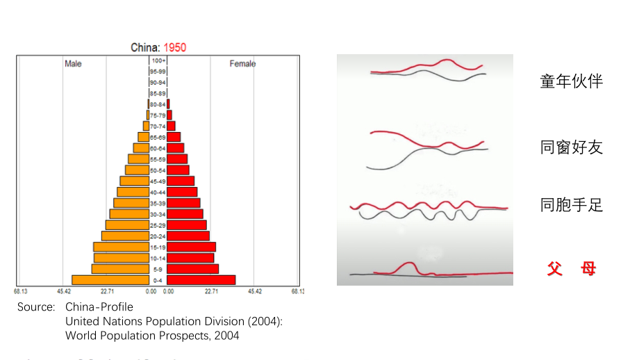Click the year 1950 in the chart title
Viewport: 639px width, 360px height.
pos(174,48)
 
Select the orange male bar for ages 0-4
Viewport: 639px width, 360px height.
pos(110,280)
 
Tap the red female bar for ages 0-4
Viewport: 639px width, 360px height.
pos(201,280)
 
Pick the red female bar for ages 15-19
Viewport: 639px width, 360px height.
pos(191,247)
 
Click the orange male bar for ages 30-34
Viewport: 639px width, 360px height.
pos(129,214)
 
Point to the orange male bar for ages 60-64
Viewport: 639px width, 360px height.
pos(141,148)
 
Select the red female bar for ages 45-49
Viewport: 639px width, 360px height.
pos(181,181)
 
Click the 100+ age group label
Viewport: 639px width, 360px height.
pos(158,60)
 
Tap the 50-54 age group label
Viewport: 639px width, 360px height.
pos(158,170)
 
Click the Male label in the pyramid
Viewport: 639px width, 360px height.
pos(73,64)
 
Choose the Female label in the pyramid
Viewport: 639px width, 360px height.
pos(242,64)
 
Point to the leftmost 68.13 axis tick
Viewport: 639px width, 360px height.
pos(20,292)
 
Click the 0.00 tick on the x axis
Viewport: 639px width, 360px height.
pos(151,292)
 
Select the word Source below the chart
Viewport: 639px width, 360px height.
pos(36,306)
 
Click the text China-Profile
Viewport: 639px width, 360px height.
pos(99,306)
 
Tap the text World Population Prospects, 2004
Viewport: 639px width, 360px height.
pos(152,336)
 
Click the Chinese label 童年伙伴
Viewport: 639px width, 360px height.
pos(572,81)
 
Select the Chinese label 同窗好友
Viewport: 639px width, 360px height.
pos(572,147)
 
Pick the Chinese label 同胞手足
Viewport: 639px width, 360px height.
pos(572,205)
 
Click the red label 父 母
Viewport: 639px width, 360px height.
pos(572,268)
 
